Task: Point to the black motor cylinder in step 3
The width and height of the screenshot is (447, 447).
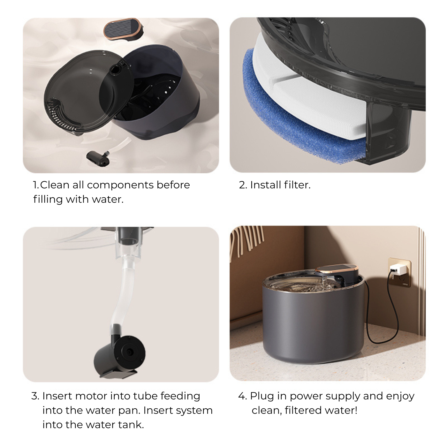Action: click(x=120, y=356)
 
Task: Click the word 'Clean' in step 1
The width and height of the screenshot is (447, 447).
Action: click(x=55, y=185)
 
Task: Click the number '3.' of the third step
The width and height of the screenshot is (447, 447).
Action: click(x=35, y=396)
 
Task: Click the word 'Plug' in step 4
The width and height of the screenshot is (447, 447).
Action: click(x=262, y=396)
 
